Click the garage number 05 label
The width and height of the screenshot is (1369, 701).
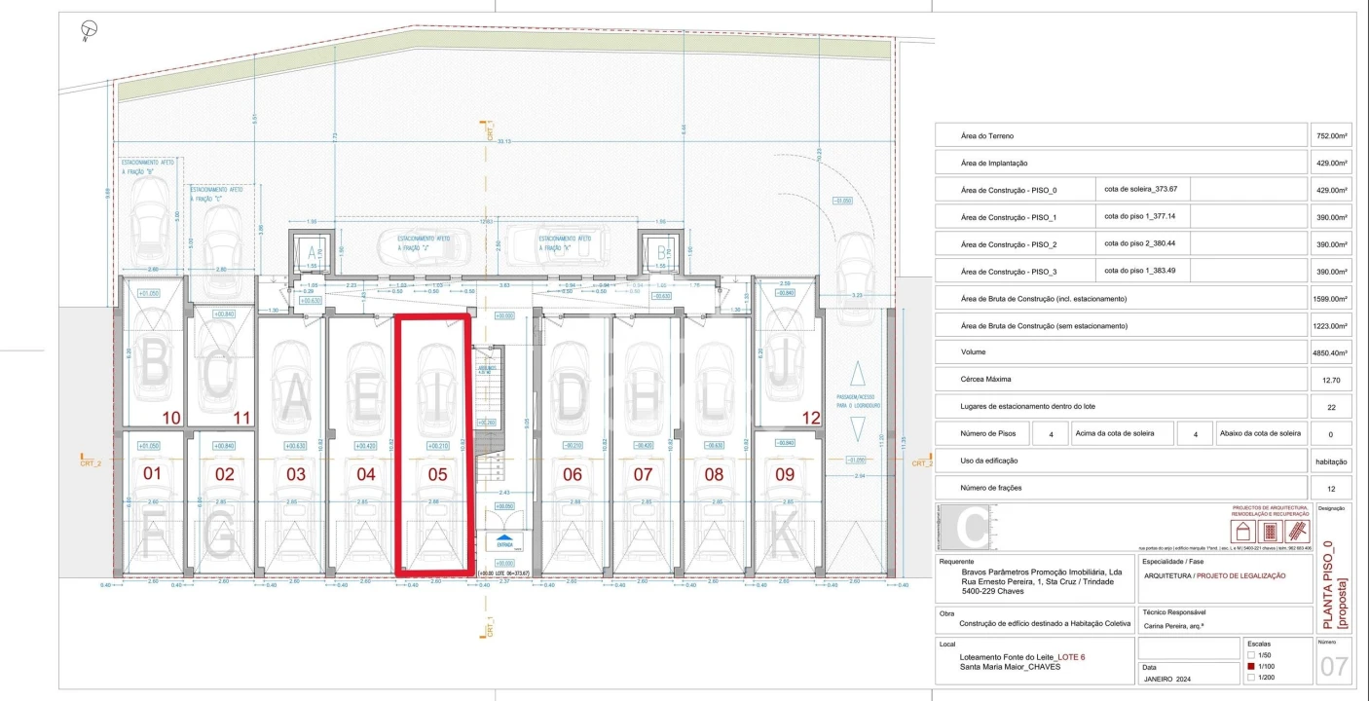point(437,474)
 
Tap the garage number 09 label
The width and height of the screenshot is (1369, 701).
point(784,474)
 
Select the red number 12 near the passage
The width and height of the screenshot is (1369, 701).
point(811,418)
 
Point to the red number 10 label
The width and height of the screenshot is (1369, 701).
point(171,418)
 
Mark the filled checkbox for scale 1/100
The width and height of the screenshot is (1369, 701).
point(1251,666)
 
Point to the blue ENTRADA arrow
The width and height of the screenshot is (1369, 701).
point(504,538)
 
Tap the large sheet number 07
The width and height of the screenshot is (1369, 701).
point(1334,668)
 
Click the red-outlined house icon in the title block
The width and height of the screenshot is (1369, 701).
point(1242,532)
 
